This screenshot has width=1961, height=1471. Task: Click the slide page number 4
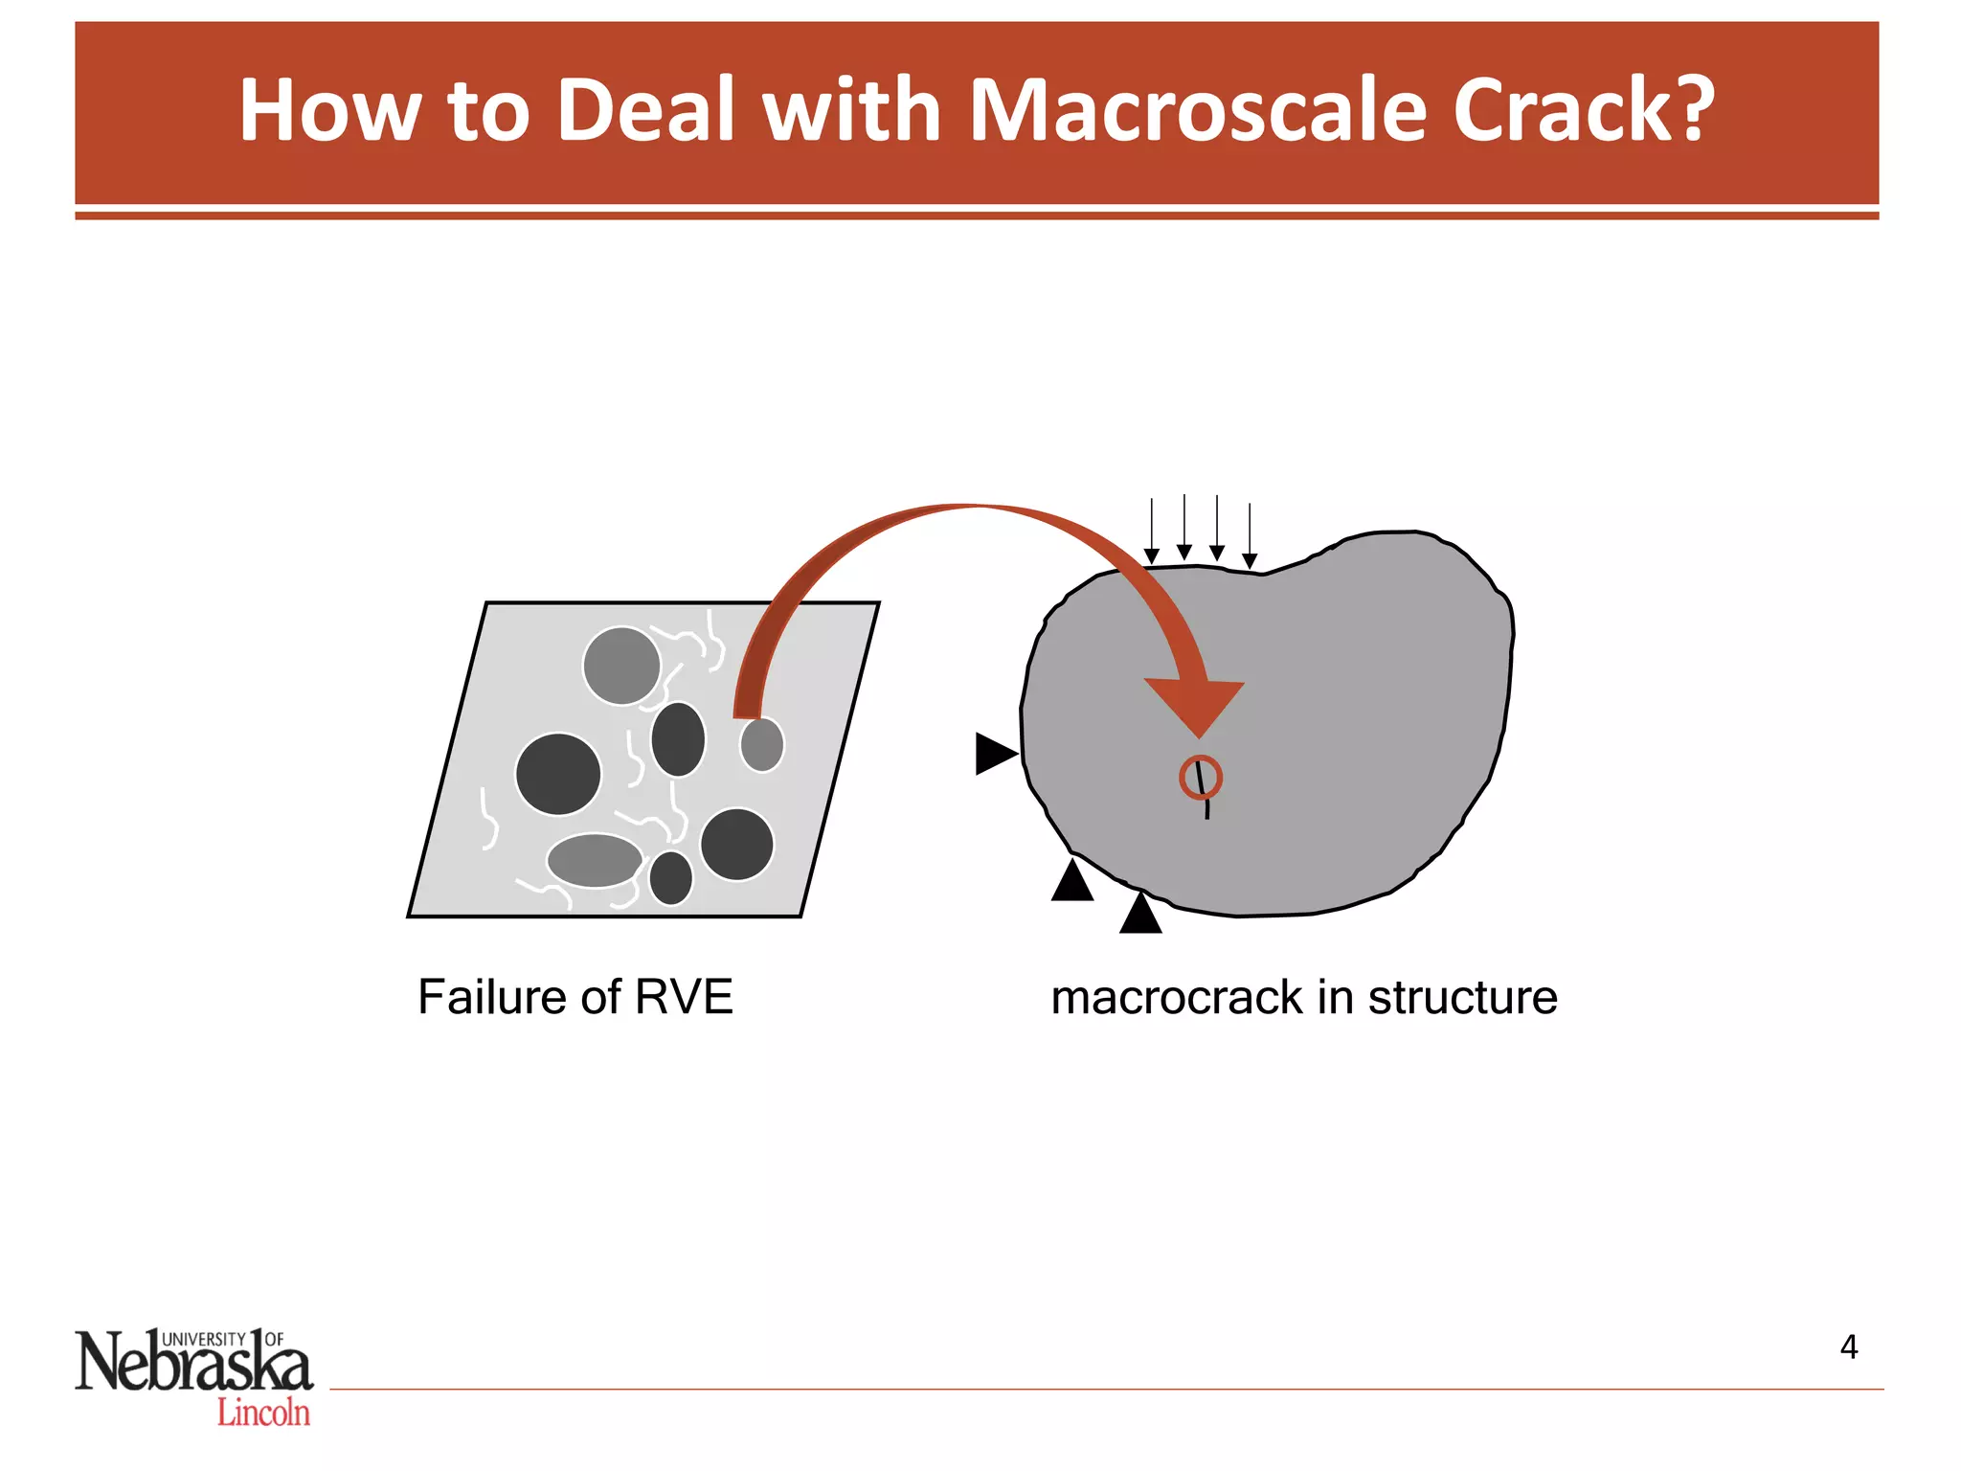click(1848, 1347)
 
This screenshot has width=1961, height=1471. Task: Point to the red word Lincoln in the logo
click(263, 1413)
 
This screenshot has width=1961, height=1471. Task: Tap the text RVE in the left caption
click(684, 998)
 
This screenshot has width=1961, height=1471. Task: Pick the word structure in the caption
click(1462, 998)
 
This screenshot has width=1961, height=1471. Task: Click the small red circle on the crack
click(1200, 777)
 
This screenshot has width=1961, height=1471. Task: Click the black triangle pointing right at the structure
click(994, 754)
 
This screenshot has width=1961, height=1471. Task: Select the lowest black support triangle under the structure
click(1140, 914)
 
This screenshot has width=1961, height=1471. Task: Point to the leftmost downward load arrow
click(1152, 532)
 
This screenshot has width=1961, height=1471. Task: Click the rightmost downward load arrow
click(1250, 536)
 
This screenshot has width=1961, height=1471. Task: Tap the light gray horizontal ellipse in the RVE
click(595, 860)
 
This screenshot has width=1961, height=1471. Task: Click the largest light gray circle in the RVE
click(621, 666)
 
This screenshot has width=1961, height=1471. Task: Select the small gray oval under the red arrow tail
click(762, 744)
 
